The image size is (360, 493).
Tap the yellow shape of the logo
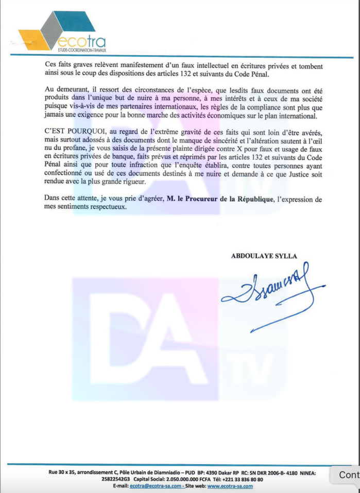pyautogui.click(x=32, y=39)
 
